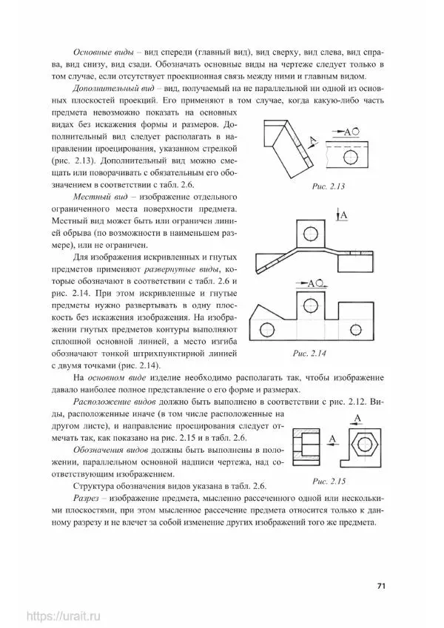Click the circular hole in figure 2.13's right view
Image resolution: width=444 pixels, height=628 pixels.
(x=357, y=130)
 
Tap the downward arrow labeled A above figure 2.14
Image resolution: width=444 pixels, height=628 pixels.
(x=338, y=216)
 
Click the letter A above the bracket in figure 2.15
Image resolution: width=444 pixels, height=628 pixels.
(x=357, y=420)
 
